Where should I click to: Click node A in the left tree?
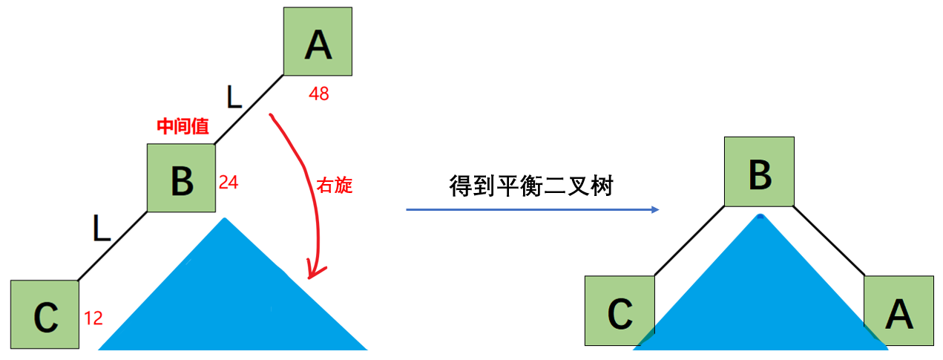[318, 42]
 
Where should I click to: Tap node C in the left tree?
[45, 315]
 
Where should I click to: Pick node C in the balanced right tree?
[620, 310]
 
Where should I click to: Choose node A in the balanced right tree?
[898, 310]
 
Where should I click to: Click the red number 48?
[319, 94]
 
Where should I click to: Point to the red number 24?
[229, 183]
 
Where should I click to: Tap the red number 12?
[93, 319]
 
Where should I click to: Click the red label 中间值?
[183, 127]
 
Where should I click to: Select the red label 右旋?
[335, 186]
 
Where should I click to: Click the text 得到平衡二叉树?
[531, 186]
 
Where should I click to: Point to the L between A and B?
[234, 96]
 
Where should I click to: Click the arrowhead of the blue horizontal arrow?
[654, 210]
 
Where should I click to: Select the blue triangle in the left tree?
[230, 297]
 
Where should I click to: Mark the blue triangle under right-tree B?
[760, 297]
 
